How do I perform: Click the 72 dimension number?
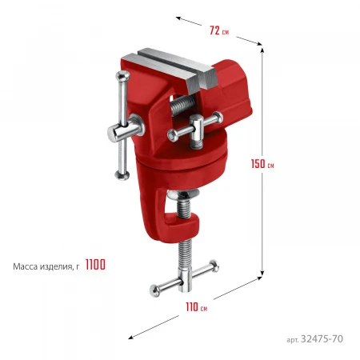(x=214, y=30)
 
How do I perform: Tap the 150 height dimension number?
(x=258, y=164)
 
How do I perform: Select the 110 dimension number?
(x=192, y=307)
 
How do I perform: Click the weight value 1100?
(x=95, y=265)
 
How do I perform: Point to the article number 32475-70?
(x=322, y=338)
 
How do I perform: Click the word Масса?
(x=26, y=266)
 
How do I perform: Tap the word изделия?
(x=56, y=267)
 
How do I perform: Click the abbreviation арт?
(x=293, y=340)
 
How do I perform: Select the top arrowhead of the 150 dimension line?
(x=262, y=50)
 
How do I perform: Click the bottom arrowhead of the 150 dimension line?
(x=262, y=274)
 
